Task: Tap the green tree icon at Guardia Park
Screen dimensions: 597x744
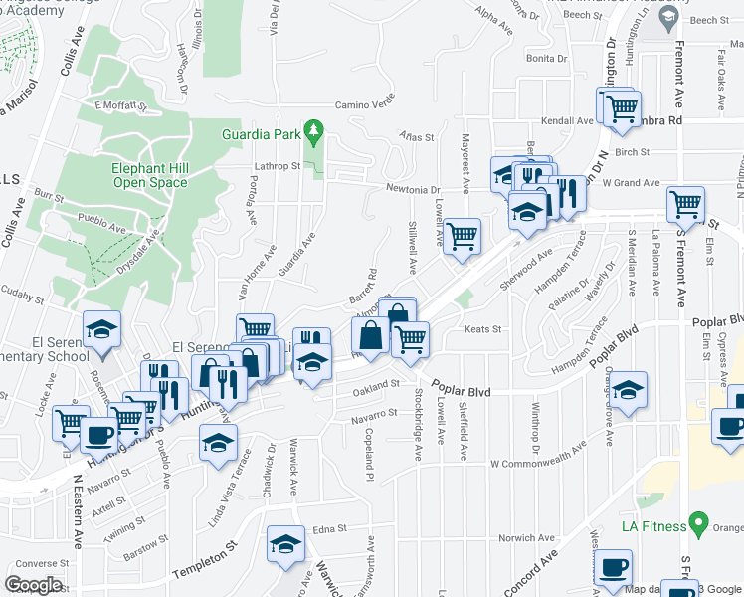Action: [313, 129]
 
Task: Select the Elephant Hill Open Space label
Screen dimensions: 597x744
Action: [150, 175]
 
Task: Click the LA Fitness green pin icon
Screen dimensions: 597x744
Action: [698, 525]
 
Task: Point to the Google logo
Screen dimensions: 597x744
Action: [33, 585]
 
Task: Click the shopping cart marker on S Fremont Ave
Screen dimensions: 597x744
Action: [686, 205]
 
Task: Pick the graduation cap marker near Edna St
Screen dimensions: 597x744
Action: [285, 544]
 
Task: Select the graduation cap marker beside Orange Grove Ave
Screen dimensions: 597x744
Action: [628, 390]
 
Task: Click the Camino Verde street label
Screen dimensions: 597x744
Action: [365, 103]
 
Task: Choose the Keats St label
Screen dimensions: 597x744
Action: [481, 329]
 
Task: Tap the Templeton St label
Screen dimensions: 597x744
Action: [206, 573]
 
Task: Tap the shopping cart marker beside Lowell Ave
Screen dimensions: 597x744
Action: [462, 237]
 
